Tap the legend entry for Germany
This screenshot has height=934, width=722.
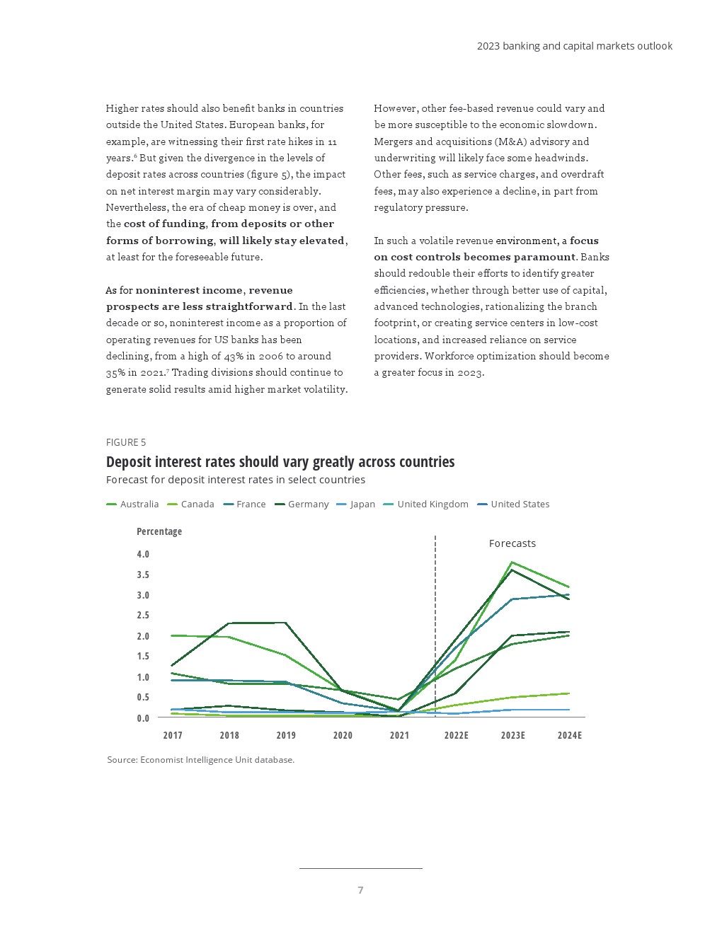[x=302, y=505]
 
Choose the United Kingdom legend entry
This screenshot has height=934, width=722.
[x=426, y=505]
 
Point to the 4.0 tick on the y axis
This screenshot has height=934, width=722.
[x=143, y=554]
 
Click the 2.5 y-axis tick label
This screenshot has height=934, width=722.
[x=143, y=616]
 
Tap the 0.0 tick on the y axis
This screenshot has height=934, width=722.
[x=143, y=718]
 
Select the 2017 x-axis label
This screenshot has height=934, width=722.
[x=173, y=735]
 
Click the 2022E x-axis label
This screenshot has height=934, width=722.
[x=457, y=735]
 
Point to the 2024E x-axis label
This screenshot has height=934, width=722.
[x=570, y=735]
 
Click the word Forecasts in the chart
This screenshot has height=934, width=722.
[x=512, y=543]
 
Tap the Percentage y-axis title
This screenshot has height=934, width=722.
[x=159, y=531]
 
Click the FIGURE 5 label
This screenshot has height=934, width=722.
[x=126, y=442]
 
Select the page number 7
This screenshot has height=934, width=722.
[x=361, y=890]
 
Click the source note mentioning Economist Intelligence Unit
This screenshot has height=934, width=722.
[x=201, y=760]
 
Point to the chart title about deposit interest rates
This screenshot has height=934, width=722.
[x=280, y=462]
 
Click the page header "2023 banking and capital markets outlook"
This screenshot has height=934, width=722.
[x=575, y=46]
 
